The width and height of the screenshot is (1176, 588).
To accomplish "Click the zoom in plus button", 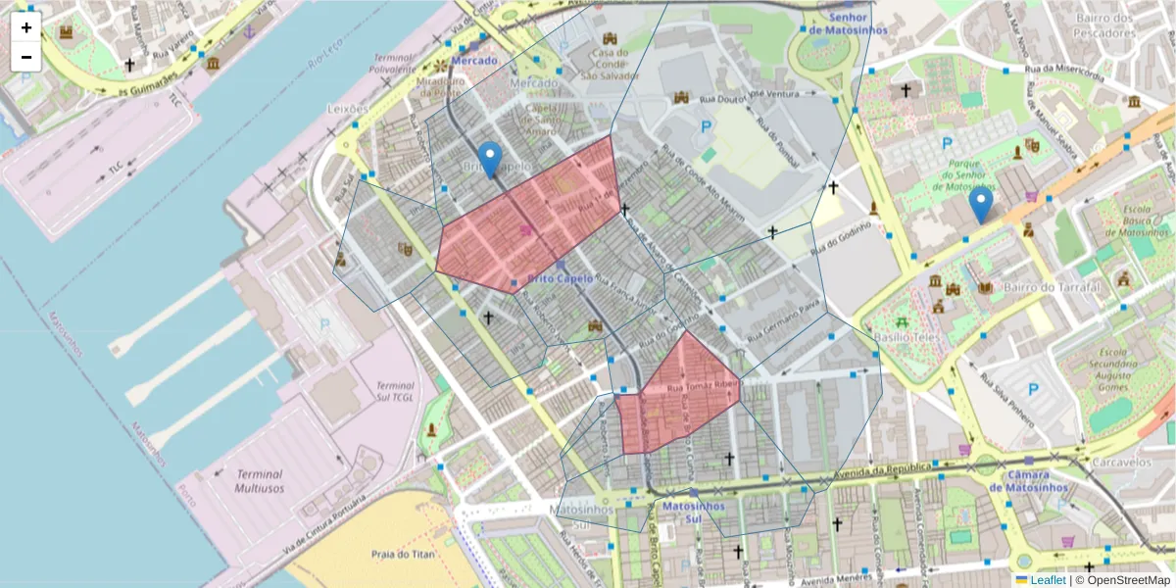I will pyautogui.click(x=26, y=27).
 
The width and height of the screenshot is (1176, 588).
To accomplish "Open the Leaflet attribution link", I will pyautogui.click(x=1047, y=580).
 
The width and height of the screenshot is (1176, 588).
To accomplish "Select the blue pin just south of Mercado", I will pyautogui.click(x=489, y=159).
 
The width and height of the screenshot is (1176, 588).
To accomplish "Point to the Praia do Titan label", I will pyautogui.click(x=402, y=554).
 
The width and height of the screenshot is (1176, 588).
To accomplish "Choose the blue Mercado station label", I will pyautogui.click(x=474, y=61).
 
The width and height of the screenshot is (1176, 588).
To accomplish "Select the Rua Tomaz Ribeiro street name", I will pyautogui.click(x=702, y=387).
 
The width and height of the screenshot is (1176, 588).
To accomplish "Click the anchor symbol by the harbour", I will pyautogui.click(x=249, y=32).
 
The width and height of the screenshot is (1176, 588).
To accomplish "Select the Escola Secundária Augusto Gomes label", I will pyautogui.click(x=1123, y=367).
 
